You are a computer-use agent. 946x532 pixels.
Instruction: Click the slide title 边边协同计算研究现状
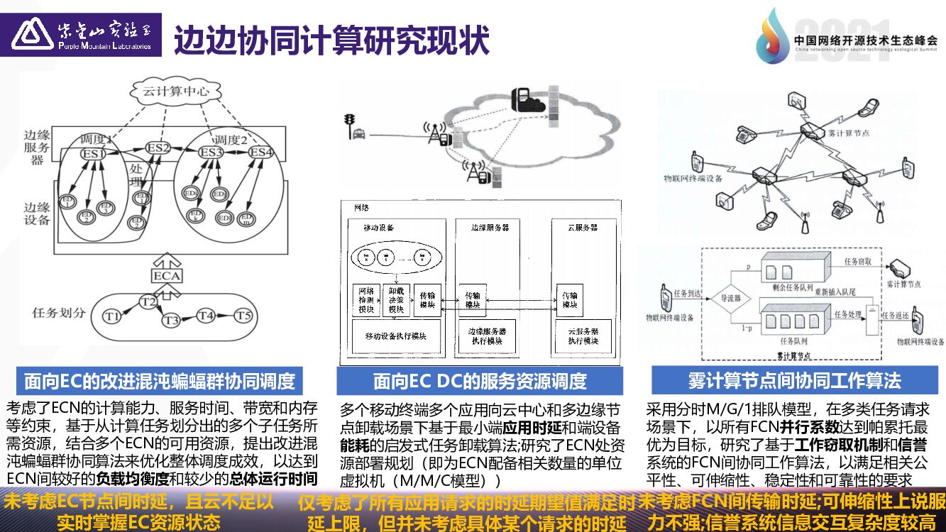[331, 40]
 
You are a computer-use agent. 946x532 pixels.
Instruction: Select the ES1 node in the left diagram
[93, 153]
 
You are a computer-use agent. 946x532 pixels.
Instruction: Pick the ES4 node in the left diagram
[260, 152]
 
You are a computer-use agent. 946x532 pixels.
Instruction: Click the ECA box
[166, 275]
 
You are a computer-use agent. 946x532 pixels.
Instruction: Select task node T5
[243, 314]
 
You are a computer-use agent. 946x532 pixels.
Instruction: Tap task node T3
[170, 321]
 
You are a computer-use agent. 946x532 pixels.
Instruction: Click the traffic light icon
[348, 123]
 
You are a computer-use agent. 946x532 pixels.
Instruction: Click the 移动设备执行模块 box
[395, 336]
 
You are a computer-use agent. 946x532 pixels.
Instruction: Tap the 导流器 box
[730, 299]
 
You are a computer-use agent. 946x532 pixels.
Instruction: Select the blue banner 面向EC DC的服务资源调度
[480, 381]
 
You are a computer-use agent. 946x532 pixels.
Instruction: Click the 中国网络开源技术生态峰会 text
[866, 42]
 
